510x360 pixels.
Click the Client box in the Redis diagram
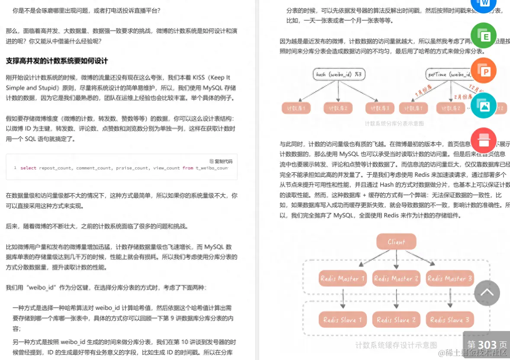(x=396, y=242)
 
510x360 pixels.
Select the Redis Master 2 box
(x=396, y=279)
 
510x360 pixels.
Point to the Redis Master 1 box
(x=343, y=279)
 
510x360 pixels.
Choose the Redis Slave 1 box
(x=343, y=320)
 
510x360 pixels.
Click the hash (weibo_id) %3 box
(x=339, y=74)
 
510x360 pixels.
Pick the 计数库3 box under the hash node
(x=380, y=108)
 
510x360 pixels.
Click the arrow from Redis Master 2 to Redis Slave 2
(x=396, y=299)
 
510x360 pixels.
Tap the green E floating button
(x=483, y=35)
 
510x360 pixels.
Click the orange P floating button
(x=483, y=70)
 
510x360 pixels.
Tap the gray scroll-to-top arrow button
(x=487, y=293)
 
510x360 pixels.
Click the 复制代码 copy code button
(x=221, y=161)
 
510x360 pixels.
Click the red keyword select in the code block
(x=29, y=168)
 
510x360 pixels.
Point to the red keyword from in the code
(x=188, y=168)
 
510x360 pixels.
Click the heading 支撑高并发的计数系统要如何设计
(x=57, y=61)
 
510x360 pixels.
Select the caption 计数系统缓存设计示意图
(x=396, y=345)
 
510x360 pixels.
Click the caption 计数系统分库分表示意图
(x=394, y=124)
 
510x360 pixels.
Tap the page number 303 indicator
(x=487, y=345)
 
